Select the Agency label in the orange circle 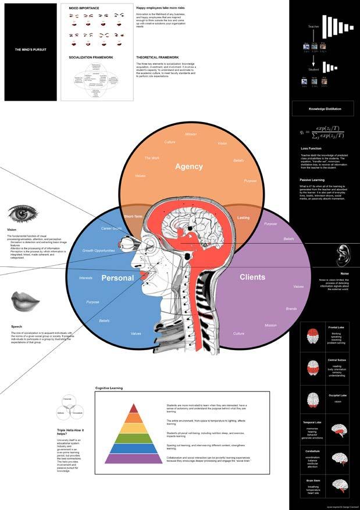189,166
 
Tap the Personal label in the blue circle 118,278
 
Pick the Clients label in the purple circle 252,277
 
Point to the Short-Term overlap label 133,217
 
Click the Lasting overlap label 243,217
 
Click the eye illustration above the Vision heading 23,213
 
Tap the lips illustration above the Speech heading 25,301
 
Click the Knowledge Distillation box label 325,109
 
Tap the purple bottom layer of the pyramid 133,458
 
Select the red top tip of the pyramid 133,409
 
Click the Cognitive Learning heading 109,387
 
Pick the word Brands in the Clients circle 291,309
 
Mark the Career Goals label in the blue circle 112,229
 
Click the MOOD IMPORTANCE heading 84,8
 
